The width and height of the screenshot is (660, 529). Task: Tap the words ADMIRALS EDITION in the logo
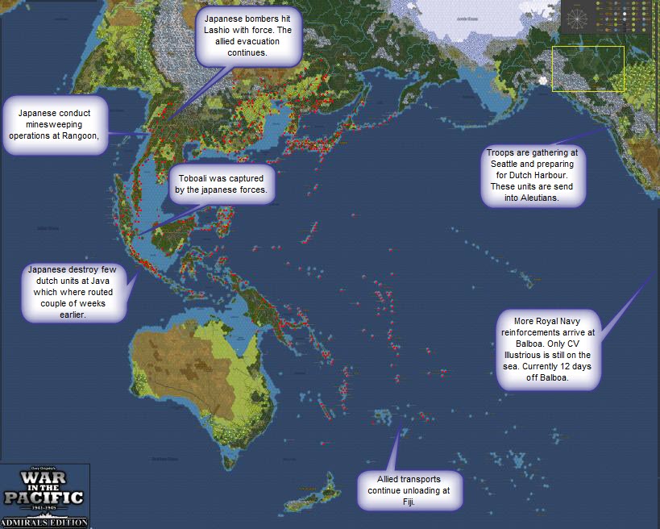44,522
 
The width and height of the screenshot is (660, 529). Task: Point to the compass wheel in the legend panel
577,16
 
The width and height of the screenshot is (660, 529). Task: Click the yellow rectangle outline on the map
587,69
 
